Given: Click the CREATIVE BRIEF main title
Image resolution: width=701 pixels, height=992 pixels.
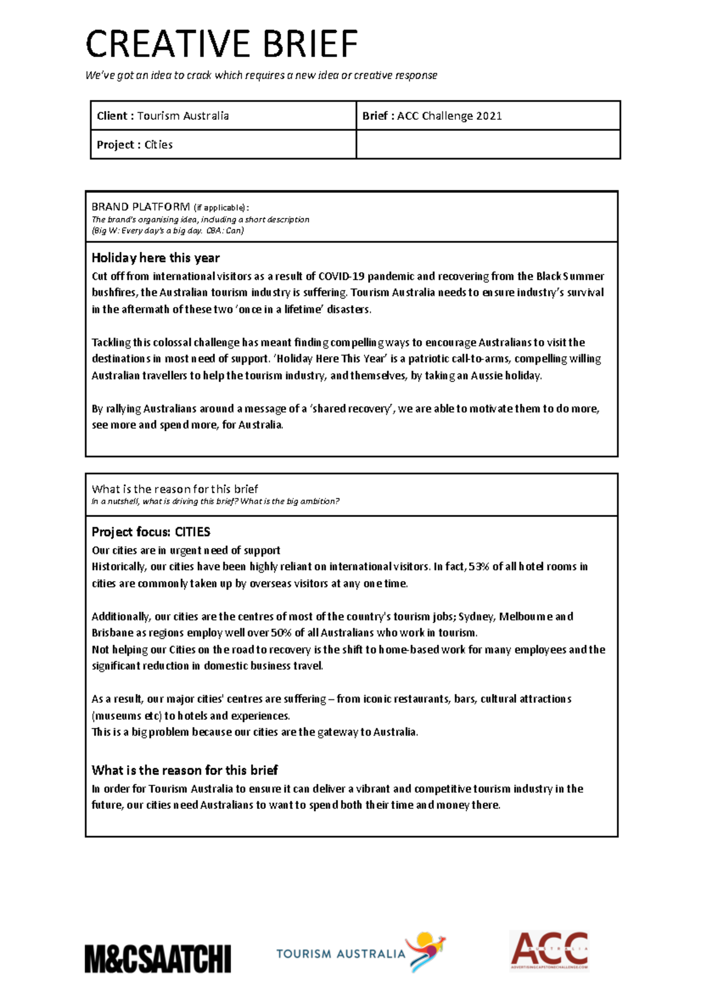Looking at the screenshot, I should [221, 44].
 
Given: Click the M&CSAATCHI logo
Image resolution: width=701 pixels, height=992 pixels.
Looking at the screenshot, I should [158, 958].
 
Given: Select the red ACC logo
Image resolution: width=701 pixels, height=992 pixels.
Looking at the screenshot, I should [549, 951].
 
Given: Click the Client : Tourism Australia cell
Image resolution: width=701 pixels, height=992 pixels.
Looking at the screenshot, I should [223, 116].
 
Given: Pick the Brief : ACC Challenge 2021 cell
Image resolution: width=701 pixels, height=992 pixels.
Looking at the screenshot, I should [488, 116].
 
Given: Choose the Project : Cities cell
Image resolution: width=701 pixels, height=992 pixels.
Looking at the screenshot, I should [223, 144].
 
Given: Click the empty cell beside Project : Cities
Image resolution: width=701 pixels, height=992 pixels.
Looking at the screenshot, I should [488, 144].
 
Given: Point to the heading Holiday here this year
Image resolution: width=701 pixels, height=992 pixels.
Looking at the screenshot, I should [155, 258].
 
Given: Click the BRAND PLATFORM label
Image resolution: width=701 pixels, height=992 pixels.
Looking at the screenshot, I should [140, 207].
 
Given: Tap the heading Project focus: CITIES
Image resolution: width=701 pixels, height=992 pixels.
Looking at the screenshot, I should [151, 532].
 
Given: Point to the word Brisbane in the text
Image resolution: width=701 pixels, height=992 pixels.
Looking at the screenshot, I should [112, 633].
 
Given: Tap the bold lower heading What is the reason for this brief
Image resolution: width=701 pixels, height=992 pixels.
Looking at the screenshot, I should [185, 770].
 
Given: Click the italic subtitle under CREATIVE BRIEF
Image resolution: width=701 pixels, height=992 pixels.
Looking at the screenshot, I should [261, 75].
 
